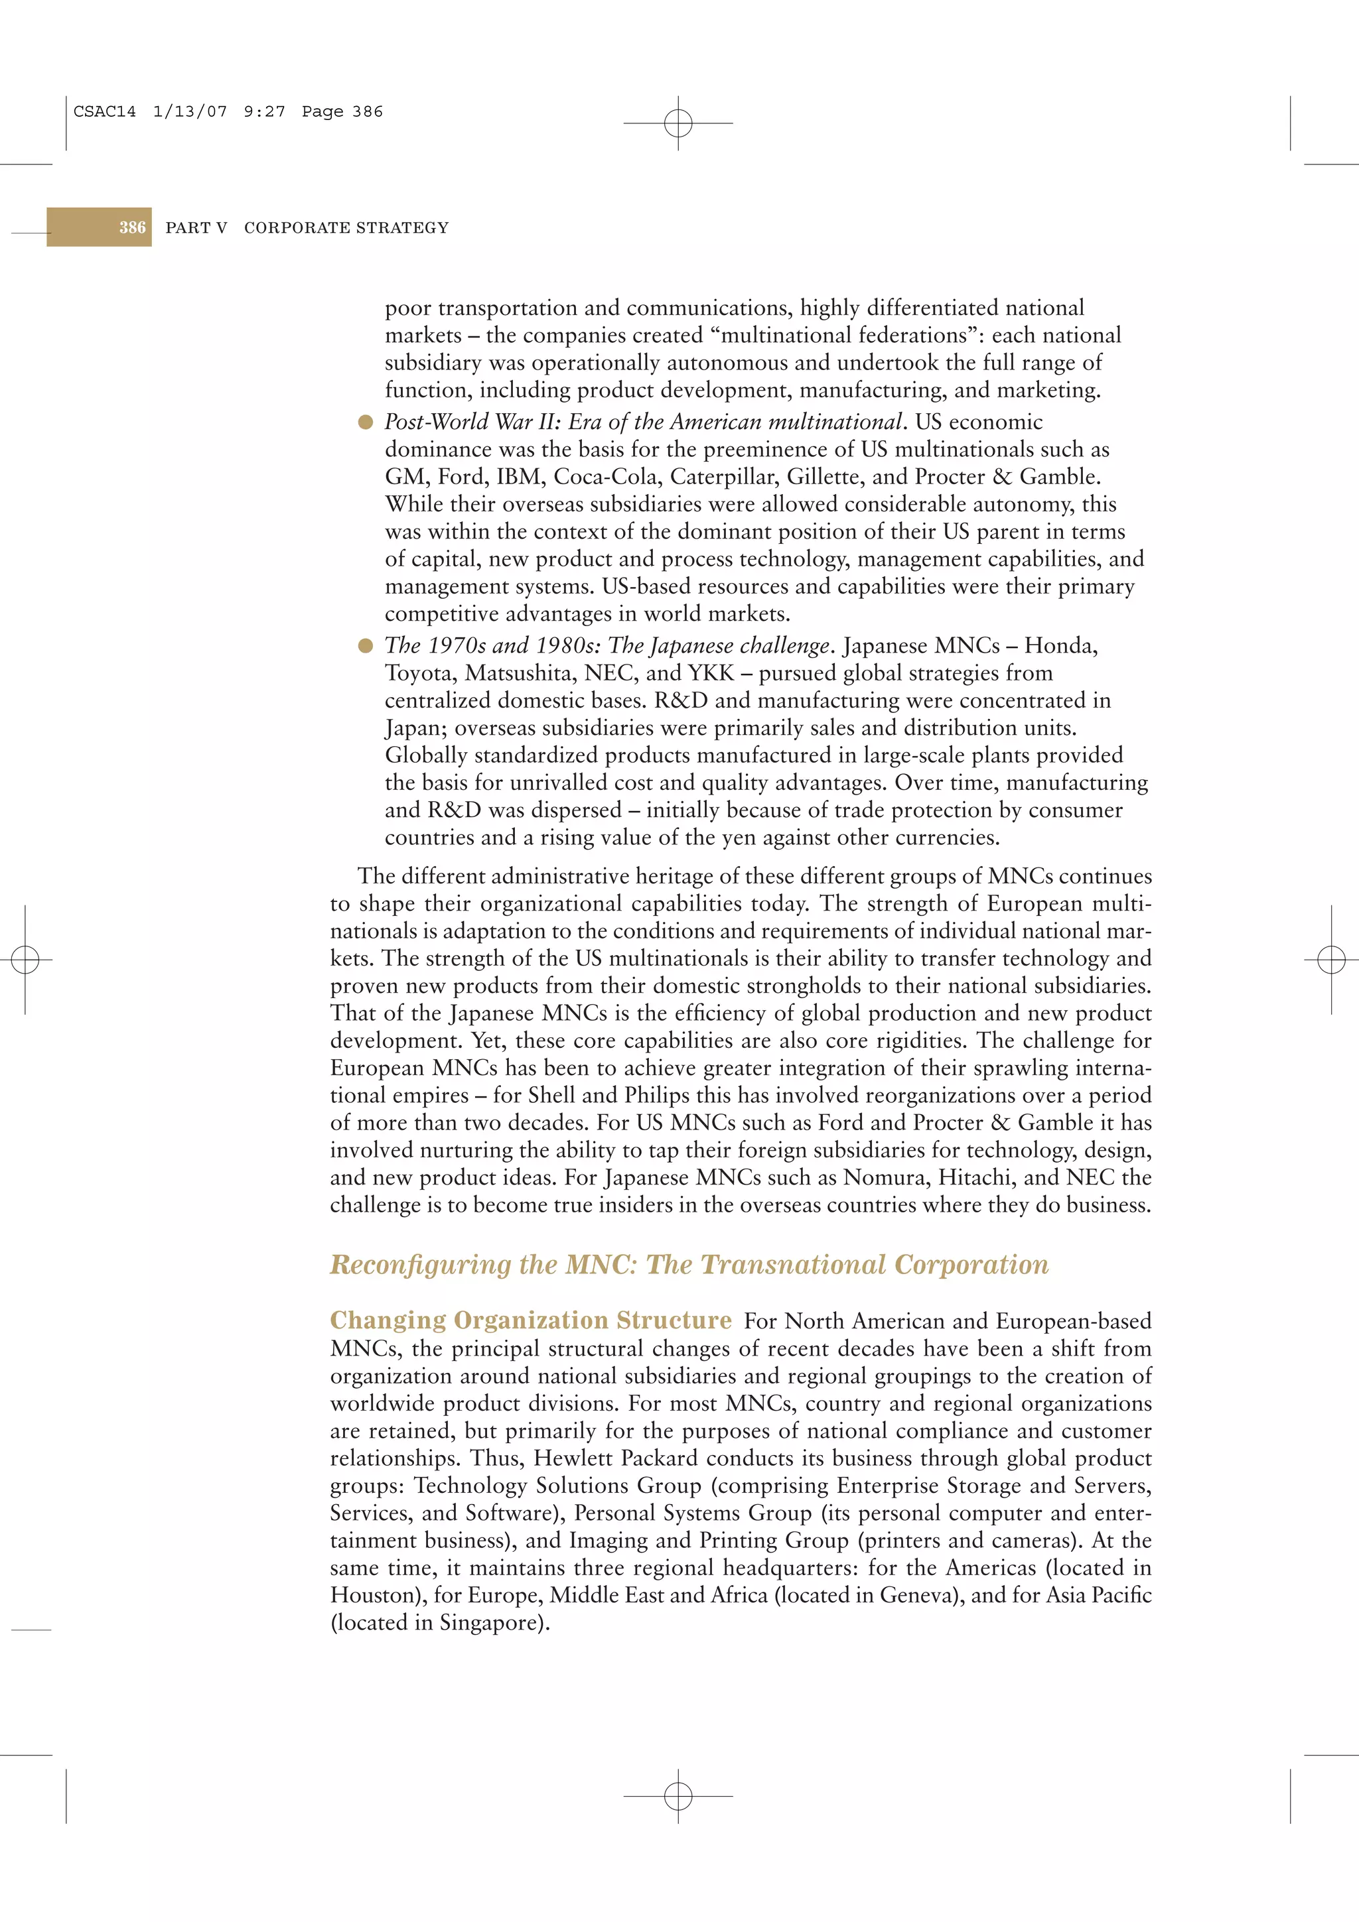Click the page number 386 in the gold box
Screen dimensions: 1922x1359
(x=132, y=227)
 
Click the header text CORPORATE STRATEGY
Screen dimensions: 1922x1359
(x=346, y=227)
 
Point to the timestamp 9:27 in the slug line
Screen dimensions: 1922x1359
(x=263, y=111)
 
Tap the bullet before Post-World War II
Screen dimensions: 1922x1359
(x=365, y=422)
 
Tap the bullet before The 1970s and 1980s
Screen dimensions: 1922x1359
(x=365, y=645)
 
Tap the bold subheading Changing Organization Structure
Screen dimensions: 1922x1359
(x=531, y=1320)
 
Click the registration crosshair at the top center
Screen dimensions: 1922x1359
(x=678, y=123)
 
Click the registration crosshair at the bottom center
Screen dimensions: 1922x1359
(x=678, y=1795)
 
